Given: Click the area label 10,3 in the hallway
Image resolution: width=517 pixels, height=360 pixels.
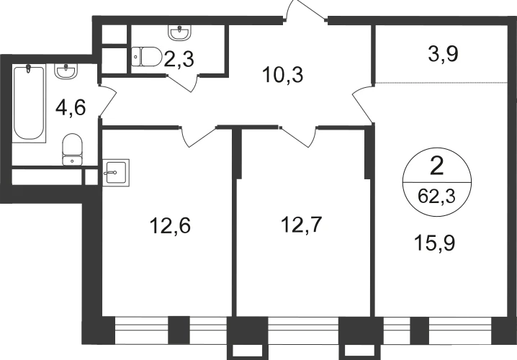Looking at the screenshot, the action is point(282,75).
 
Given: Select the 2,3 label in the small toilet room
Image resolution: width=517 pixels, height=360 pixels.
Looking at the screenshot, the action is point(179,59).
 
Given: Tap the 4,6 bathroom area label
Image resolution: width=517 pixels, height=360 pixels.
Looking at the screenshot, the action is point(71,107).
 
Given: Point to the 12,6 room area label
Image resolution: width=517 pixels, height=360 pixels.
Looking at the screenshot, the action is point(170,226).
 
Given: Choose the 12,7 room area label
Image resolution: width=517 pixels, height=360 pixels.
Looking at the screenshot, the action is point(302,225).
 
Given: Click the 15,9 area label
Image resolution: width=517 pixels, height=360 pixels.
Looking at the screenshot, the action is point(435,243).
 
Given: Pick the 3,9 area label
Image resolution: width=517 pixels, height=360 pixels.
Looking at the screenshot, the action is point(443,53).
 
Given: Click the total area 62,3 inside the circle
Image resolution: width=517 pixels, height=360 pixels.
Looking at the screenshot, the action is point(436,197).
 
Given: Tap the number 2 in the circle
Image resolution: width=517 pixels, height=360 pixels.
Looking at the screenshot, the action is point(437,167).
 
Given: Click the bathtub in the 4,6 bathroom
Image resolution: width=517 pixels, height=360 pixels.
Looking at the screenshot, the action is point(29,103).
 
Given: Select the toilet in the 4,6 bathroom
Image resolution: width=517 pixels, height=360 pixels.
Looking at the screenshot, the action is point(72,149).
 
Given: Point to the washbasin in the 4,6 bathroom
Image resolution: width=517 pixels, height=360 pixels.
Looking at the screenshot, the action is point(66,71).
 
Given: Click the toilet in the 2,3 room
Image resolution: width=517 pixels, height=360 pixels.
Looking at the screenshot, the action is point(146,57).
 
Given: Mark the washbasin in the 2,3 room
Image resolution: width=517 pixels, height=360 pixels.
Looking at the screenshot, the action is point(180,33).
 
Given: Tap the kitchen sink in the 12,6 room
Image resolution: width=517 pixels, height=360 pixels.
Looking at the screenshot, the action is point(116,172).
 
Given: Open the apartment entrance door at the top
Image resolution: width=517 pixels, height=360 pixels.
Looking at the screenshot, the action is point(305,10).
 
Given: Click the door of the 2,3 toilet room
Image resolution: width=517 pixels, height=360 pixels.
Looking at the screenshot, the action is point(184,83).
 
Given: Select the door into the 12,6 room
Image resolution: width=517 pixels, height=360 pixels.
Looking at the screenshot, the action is point(199,136).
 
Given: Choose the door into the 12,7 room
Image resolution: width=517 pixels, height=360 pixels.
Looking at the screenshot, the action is point(298,136).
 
